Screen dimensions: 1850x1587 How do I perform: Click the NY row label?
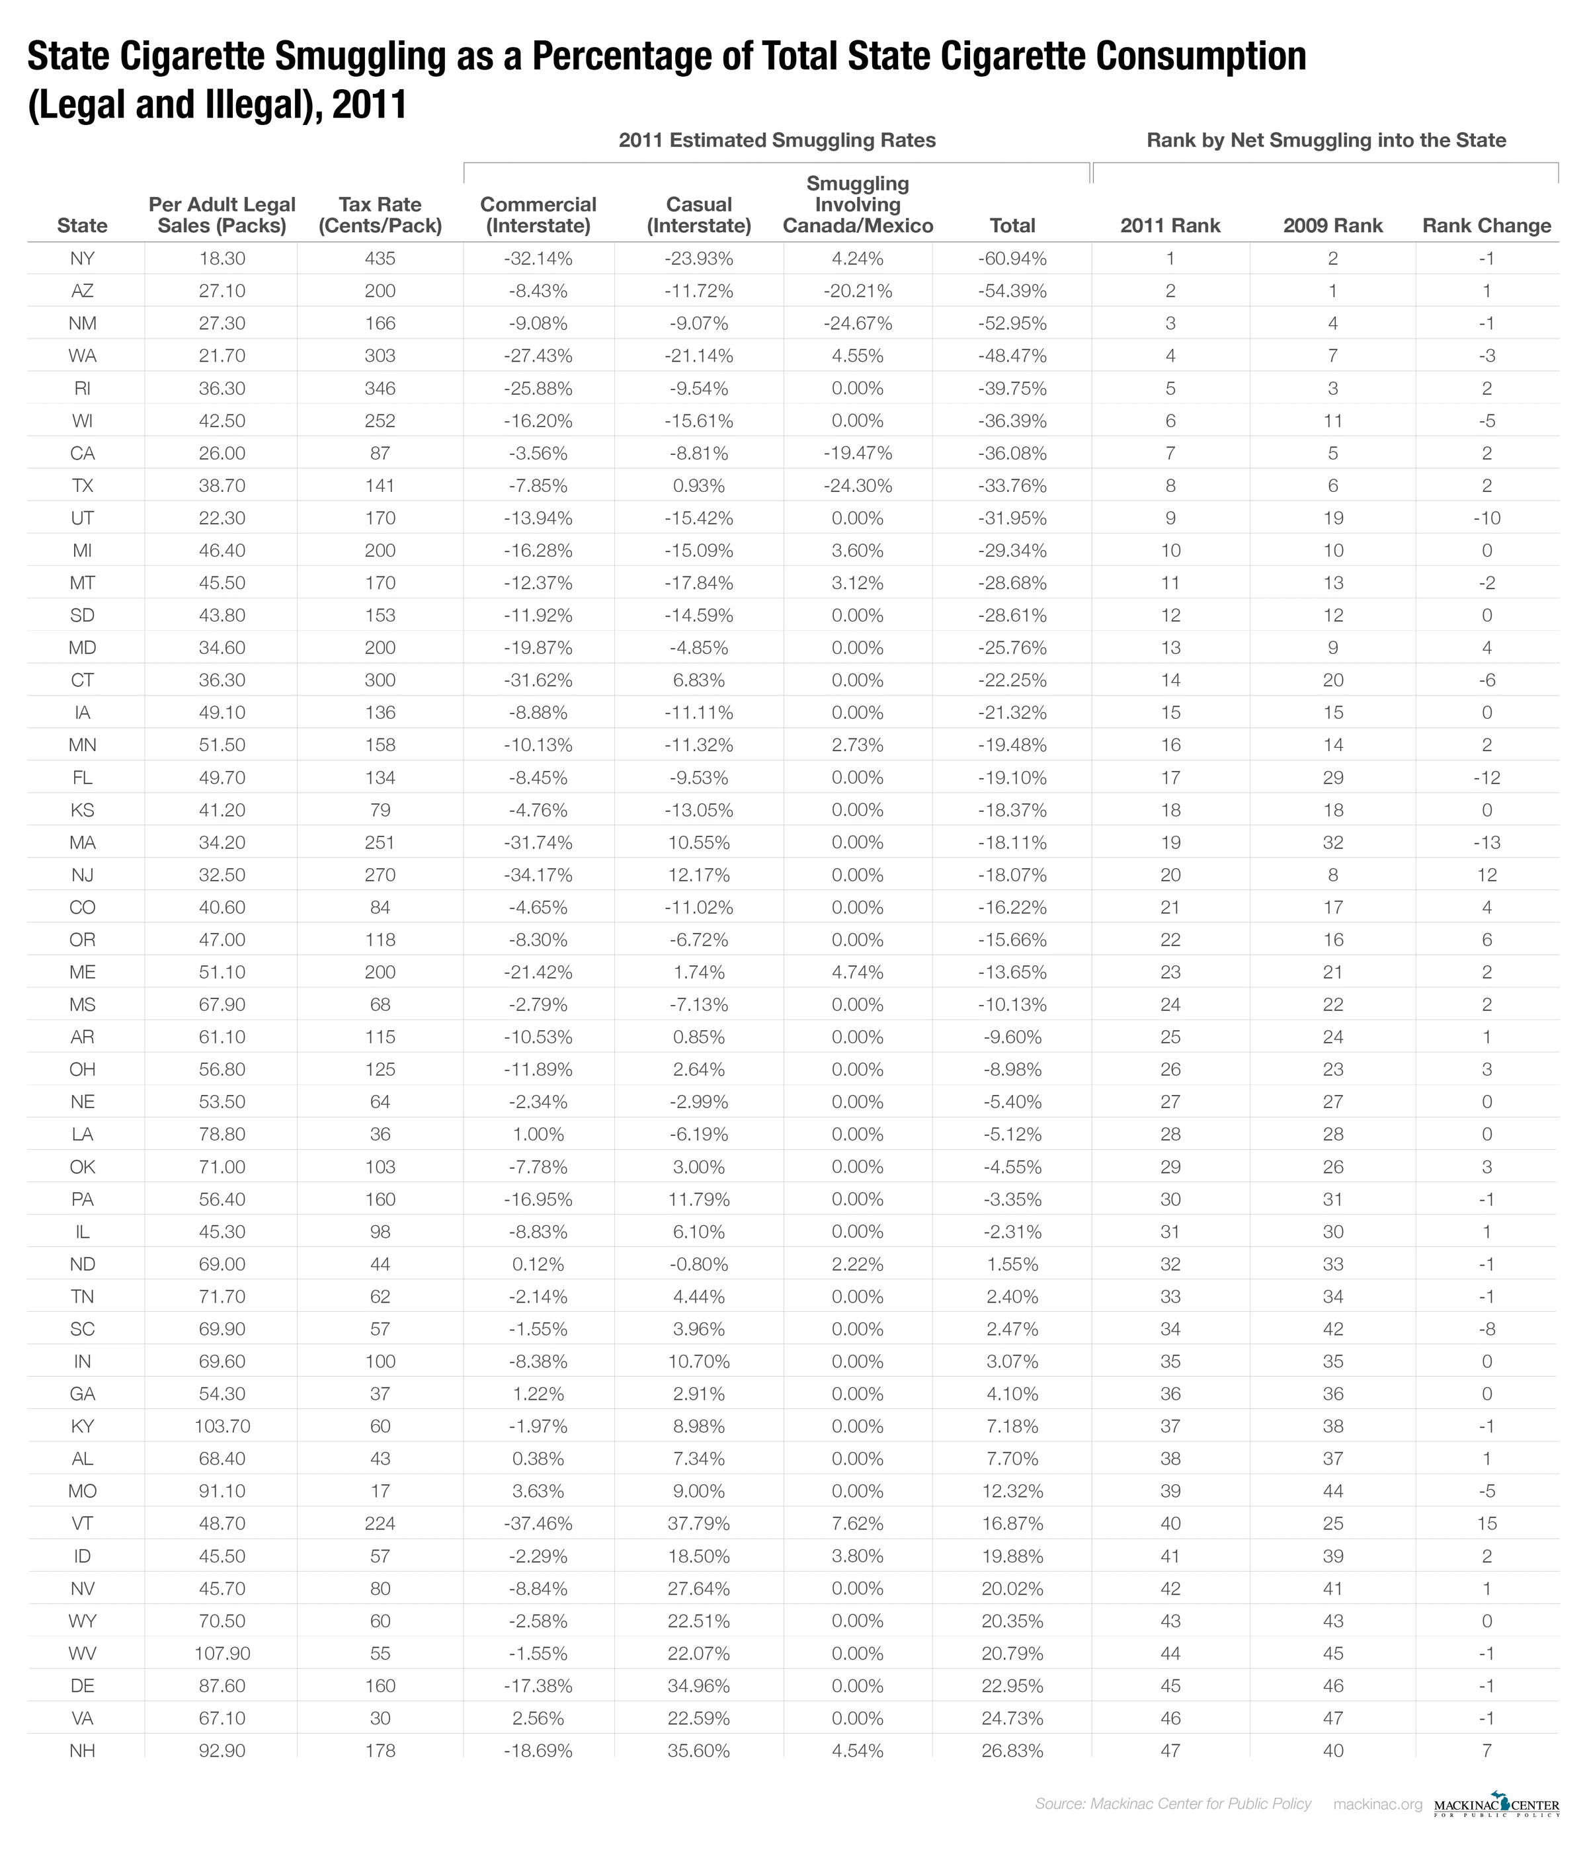click(82, 259)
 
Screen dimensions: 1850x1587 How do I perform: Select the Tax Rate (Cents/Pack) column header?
click(380, 215)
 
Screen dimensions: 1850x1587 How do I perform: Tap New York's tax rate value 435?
click(380, 259)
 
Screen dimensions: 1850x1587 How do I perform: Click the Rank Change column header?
click(1486, 226)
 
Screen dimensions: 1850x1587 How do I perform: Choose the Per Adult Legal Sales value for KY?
click(222, 1426)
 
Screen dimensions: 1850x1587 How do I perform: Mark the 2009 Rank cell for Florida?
click(1332, 778)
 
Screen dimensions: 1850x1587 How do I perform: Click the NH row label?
click(82, 1750)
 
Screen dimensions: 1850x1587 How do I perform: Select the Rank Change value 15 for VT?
click(1486, 1523)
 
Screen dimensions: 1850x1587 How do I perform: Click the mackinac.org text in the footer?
click(1377, 1804)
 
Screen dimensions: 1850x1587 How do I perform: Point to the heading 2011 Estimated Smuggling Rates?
click(777, 140)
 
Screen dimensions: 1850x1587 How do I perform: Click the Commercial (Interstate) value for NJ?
click(538, 875)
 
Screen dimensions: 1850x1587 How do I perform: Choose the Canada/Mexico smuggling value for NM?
click(858, 323)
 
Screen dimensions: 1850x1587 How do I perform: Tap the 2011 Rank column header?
click(1170, 226)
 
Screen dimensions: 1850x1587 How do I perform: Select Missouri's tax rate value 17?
click(380, 1491)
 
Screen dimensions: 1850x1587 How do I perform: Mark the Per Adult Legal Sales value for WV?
click(222, 1653)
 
